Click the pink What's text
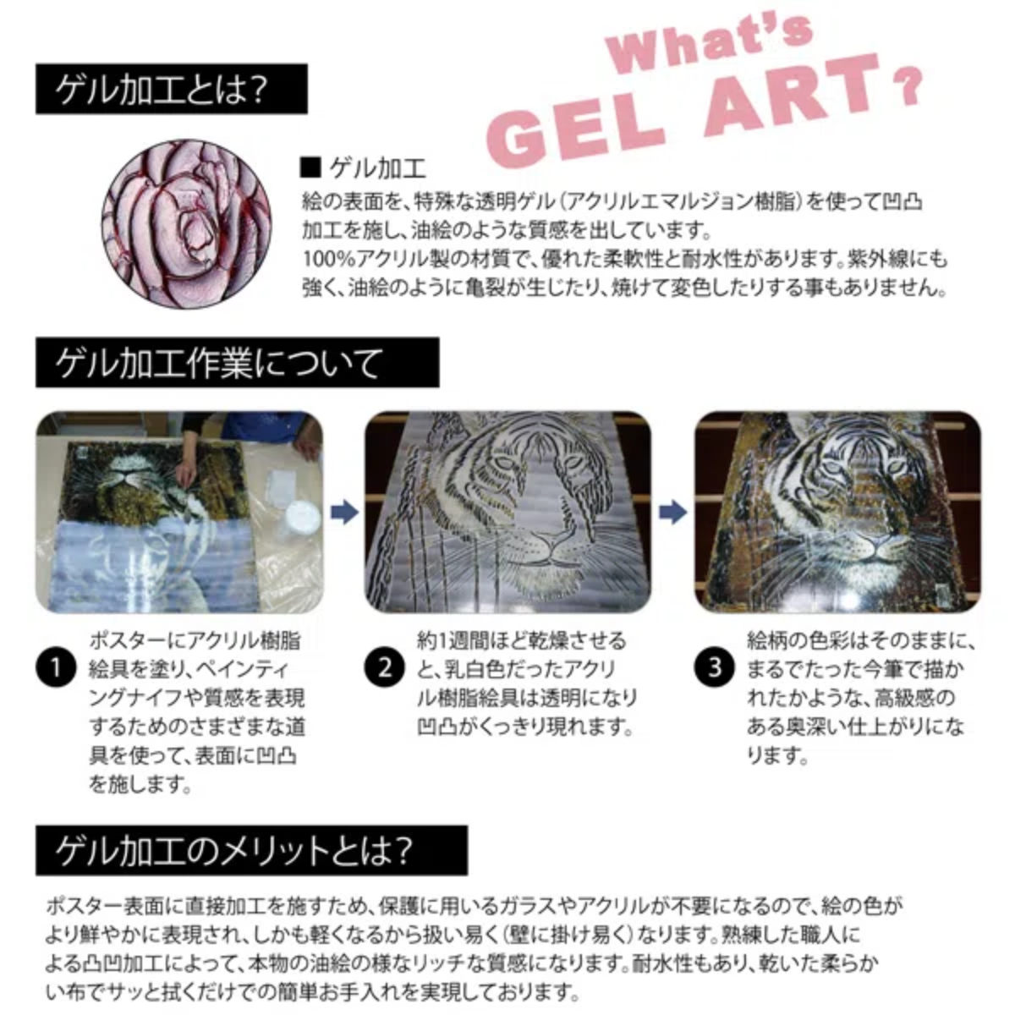coord(710,41)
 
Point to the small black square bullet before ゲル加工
coord(311,167)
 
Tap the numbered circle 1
coord(56,668)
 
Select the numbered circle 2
coord(385,668)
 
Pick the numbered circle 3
coord(715,668)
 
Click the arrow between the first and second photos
coord(343,513)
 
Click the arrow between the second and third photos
coord(672,513)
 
